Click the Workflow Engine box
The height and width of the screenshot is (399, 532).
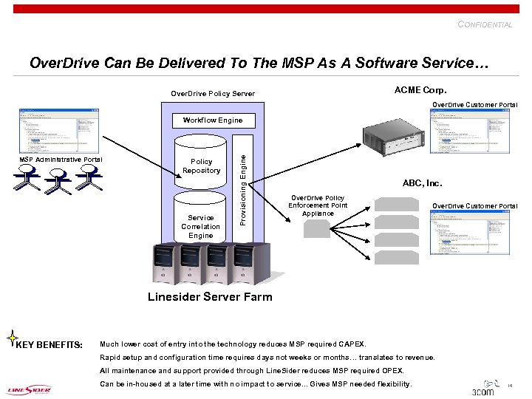click(x=212, y=120)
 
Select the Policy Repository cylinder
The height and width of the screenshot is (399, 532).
click(x=201, y=166)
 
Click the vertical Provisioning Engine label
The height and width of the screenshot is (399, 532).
click(x=242, y=180)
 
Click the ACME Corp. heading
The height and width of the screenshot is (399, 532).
click(x=420, y=90)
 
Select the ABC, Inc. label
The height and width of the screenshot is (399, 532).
click(x=422, y=183)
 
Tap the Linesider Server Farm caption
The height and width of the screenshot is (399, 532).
click(x=210, y=297)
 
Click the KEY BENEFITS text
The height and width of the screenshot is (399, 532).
click(x=50, y=344)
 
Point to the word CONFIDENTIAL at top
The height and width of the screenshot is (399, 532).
click(x=485, y=24)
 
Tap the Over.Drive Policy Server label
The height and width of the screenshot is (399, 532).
click(x=213, y=94)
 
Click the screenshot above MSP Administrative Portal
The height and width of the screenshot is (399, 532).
click(x=59, y=131)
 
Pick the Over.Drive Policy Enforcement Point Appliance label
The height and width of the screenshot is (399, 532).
click(x=318, y=205)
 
